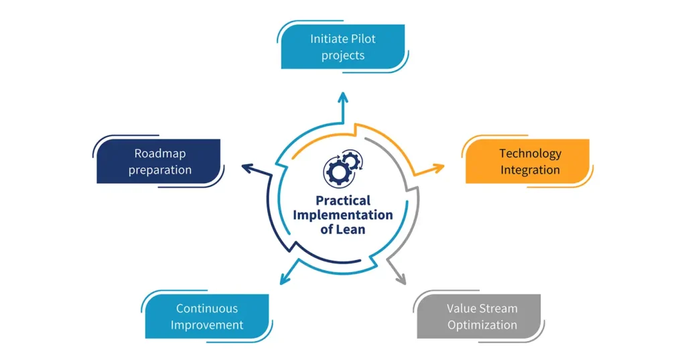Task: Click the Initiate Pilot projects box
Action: [343, 47]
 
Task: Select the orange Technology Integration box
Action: [529, 162]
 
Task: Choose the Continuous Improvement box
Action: [207, 316]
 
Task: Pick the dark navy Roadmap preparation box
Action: [159, 162]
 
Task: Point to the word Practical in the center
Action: [343, 200]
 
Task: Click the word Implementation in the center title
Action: [342, 215]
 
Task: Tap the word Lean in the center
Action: [354, 230]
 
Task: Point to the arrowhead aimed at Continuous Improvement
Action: [286, 277]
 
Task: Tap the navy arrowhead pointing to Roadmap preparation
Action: [247, 168]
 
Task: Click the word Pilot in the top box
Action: [362, 39]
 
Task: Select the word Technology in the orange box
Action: [530, 154]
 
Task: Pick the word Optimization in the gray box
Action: [482, 325]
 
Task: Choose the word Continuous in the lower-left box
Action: [207, 308]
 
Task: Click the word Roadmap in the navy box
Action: [160, 154]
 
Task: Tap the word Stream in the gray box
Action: [500, 308]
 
